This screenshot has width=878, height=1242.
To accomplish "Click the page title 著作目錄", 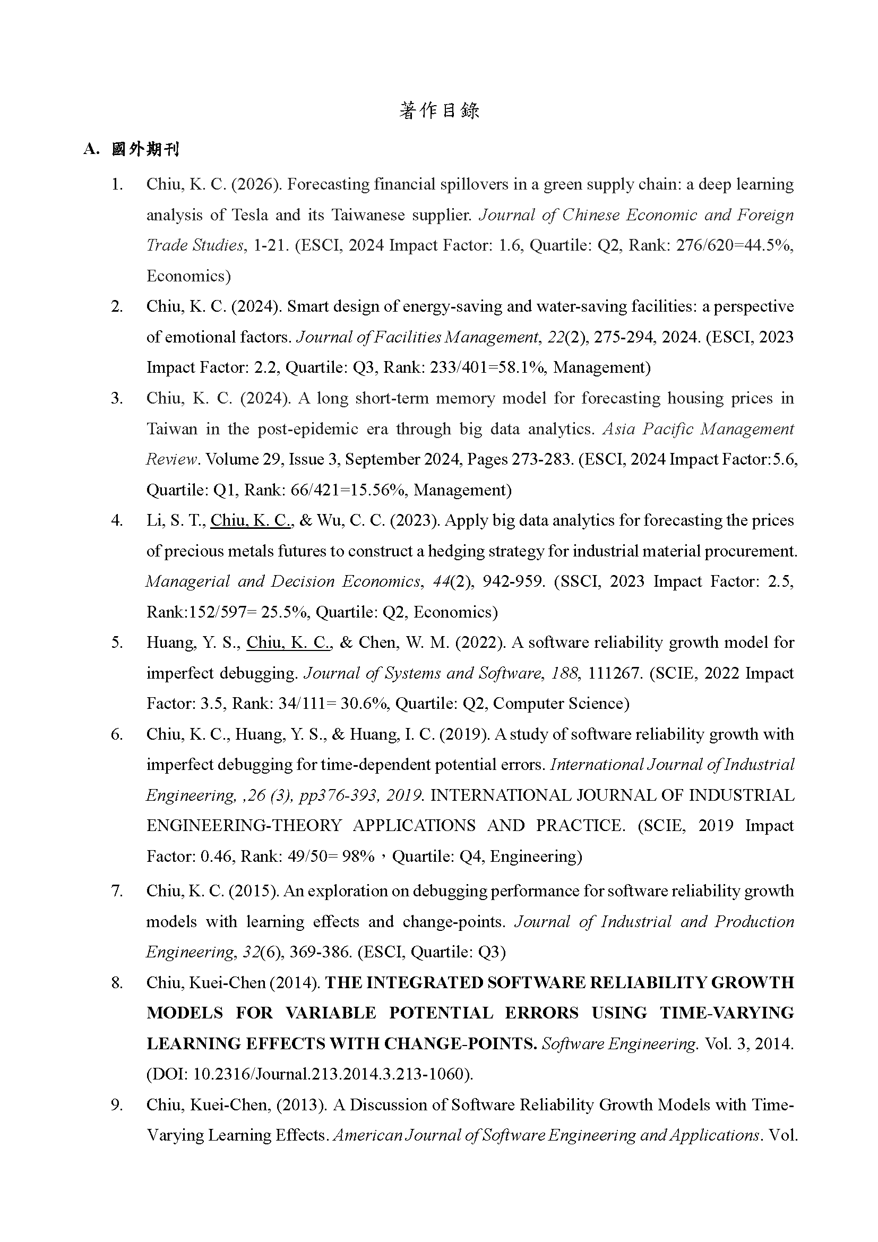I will (x=439, y=111).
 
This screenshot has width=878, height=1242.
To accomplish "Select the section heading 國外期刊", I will (x=145, y=149).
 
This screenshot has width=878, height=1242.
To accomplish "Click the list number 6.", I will (x=117, y=734).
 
